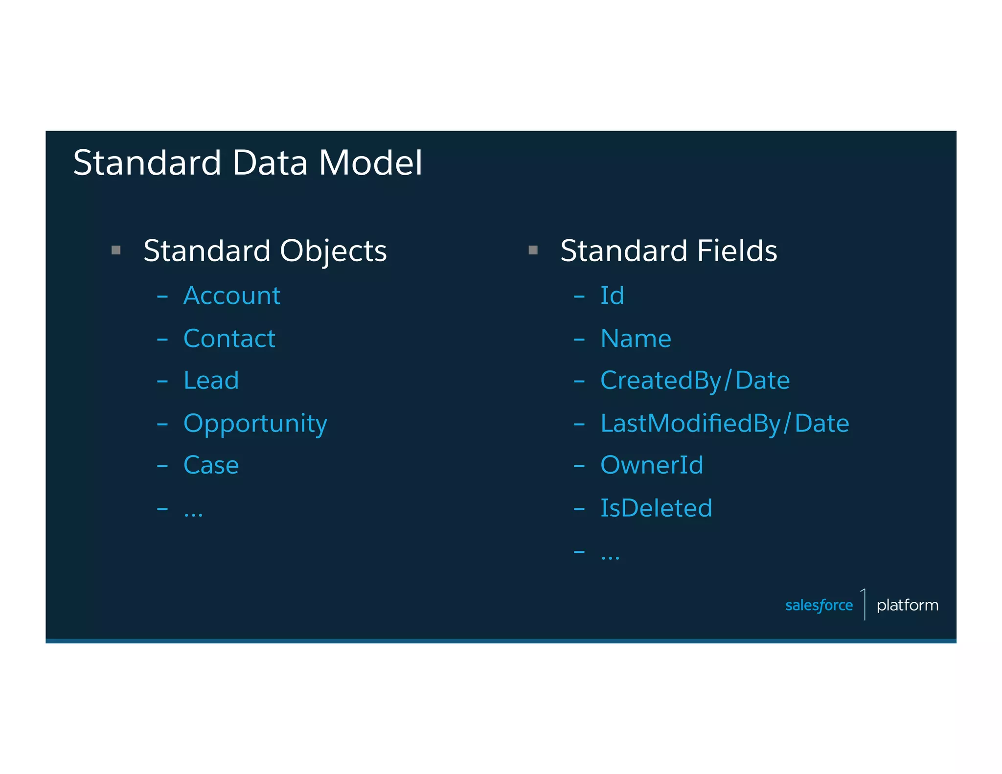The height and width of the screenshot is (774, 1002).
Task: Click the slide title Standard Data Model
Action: [x=248, y=162]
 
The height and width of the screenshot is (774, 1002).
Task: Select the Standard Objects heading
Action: [x=265, y=251]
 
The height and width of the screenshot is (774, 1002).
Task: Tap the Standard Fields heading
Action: [x=668, y=251]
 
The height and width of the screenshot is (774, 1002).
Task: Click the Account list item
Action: [x=231, y=296]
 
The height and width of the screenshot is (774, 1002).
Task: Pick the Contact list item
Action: [x=229, y=339]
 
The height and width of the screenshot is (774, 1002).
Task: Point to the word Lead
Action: [x=211, y=380]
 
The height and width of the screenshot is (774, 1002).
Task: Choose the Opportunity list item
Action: [x=255, y=424]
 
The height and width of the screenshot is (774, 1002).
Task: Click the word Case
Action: [x=211, y=465]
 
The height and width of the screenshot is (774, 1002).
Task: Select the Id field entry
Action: [x=612, y=296]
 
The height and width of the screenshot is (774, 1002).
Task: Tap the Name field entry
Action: [x=636, y=339]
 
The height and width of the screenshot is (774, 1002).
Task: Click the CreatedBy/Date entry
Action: [x=695, y=381]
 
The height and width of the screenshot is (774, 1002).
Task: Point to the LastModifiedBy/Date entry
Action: [x=725, y=424]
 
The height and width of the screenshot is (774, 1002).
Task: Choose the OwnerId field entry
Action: [x=652, y=465]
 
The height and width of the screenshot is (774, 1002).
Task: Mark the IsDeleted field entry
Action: [x=656, y=508]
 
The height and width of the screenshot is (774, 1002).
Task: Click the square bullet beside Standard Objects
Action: [x=116, y=250]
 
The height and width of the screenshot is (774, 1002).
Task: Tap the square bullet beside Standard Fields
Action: [x=533, y=250]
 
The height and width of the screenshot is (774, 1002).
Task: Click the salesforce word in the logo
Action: [x=819, y=605]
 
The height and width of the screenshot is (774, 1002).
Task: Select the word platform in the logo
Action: [x=907, y=605]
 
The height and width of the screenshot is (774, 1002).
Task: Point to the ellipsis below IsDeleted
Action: [x=610, y=557]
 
